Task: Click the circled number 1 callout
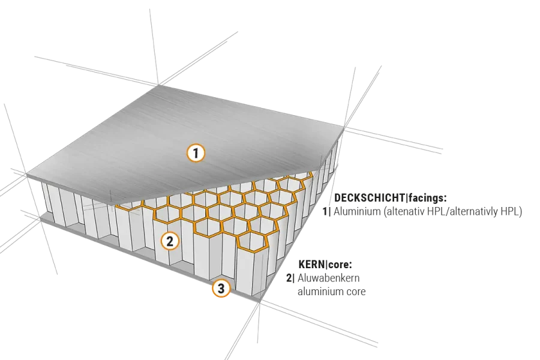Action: (196, 153)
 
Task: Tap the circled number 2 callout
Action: (170, 241)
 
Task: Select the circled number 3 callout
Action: (221, 289)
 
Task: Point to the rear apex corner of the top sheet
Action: (159, 85)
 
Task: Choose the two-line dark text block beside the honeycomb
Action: (423, 205)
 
